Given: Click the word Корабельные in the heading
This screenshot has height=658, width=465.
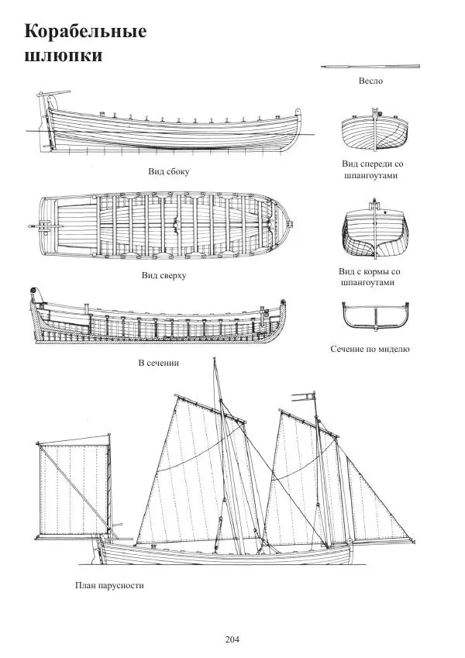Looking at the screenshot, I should coord(85,32).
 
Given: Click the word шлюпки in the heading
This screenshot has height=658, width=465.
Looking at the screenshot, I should coord(64,56).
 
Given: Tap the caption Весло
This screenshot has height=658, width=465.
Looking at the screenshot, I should coord(370,81).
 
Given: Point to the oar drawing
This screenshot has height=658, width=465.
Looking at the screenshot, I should coord(370,67).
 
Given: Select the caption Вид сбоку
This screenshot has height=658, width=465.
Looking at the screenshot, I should coord(169,171).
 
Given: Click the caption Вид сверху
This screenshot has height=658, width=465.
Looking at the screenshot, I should coord(164,275).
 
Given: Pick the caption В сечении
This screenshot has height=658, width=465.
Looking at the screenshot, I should coord(159,363).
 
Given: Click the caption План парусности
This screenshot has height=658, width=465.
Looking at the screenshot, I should coord(109,586).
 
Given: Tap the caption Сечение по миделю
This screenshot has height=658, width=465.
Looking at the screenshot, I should coord(370,350).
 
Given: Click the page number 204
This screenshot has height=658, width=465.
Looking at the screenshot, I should coord(232,639).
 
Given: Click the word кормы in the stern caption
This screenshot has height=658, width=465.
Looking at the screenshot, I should coord(379,272).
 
